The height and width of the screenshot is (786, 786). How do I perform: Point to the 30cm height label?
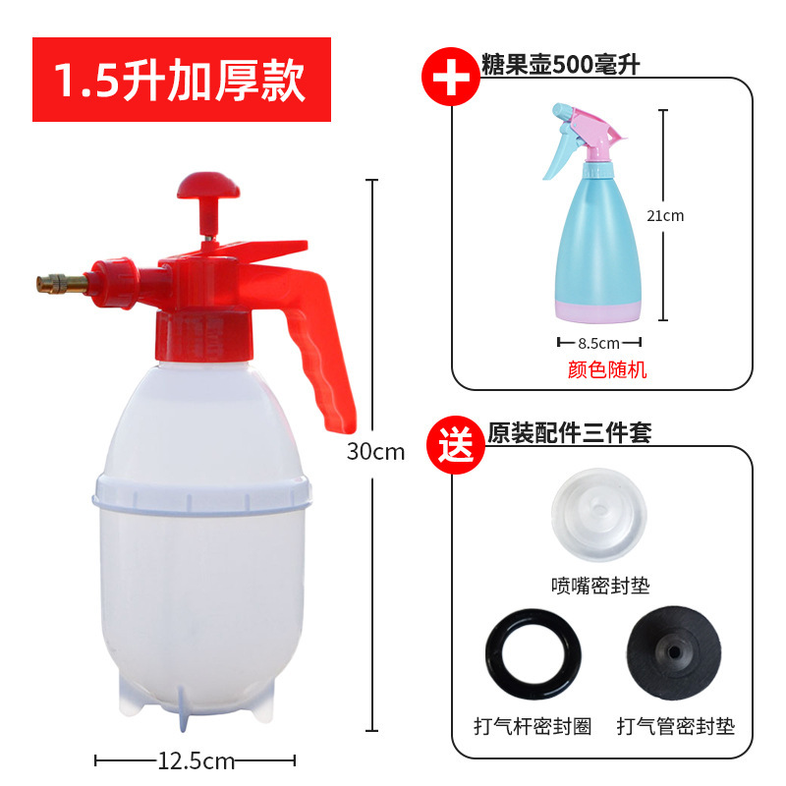tap(375, 453)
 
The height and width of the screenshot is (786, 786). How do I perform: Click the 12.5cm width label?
tap(196, 760)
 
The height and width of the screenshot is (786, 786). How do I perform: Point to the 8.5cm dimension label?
tap(599, 343)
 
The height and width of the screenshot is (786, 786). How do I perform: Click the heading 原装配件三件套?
tap(570, 432)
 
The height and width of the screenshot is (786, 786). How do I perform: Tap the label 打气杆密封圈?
tap(532, 726)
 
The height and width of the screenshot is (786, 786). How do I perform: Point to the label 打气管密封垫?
tap(675, 726)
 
